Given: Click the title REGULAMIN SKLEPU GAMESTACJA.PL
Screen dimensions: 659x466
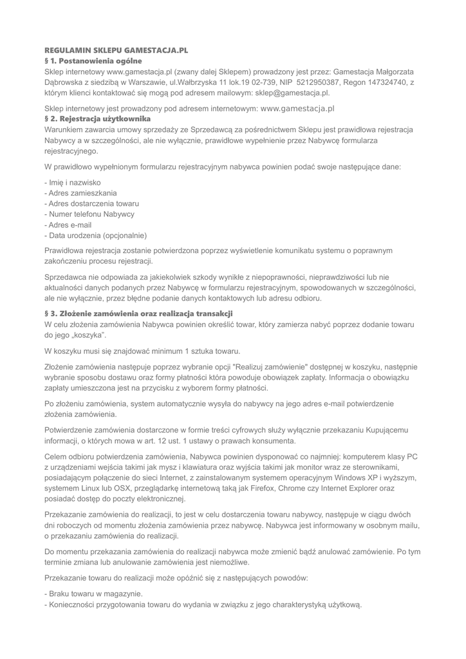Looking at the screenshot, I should [x=116, y=50].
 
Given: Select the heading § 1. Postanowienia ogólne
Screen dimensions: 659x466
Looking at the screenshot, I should [x=93, y=60].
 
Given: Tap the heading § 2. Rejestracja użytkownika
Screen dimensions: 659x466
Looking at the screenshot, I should [x=97, y=119].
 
